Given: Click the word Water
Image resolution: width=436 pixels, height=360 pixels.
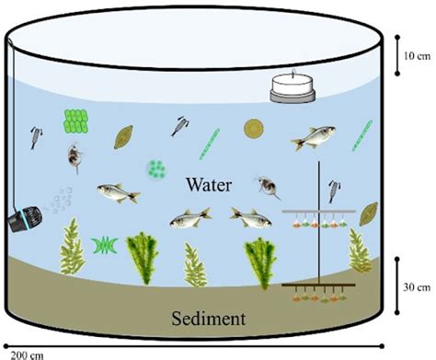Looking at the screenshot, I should (x=212, y=183).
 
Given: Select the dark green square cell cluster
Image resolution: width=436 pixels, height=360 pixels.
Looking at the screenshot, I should (x=76, y=120).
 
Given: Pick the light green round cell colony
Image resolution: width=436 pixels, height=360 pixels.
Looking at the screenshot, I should (x=157, y=169).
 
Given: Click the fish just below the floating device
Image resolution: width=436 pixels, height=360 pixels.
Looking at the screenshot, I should (x=312, y=140).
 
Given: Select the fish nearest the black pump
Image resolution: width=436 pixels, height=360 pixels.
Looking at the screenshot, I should (x=118, y=192).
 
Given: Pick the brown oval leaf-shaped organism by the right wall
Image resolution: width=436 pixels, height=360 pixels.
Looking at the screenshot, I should (x=368, y=214).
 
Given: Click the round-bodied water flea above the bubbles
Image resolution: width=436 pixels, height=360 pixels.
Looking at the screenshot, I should (x=72, y=157).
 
